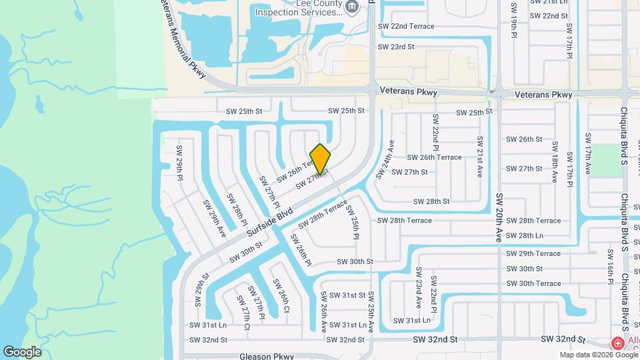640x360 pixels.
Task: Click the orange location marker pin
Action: click(321, 159)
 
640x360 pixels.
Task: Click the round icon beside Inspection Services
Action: click(353, 7)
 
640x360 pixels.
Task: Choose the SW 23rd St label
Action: click(396, 47)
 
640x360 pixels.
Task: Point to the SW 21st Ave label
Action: click(479, 157)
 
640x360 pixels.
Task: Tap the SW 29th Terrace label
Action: click(533, 254)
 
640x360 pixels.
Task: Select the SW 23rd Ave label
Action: click(418, 287)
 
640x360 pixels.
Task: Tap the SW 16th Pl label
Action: click(610, 267)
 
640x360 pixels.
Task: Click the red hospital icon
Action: click(618, 343)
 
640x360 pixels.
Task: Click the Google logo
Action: click(22, 351)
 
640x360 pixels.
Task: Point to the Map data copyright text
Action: click(599, 355)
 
